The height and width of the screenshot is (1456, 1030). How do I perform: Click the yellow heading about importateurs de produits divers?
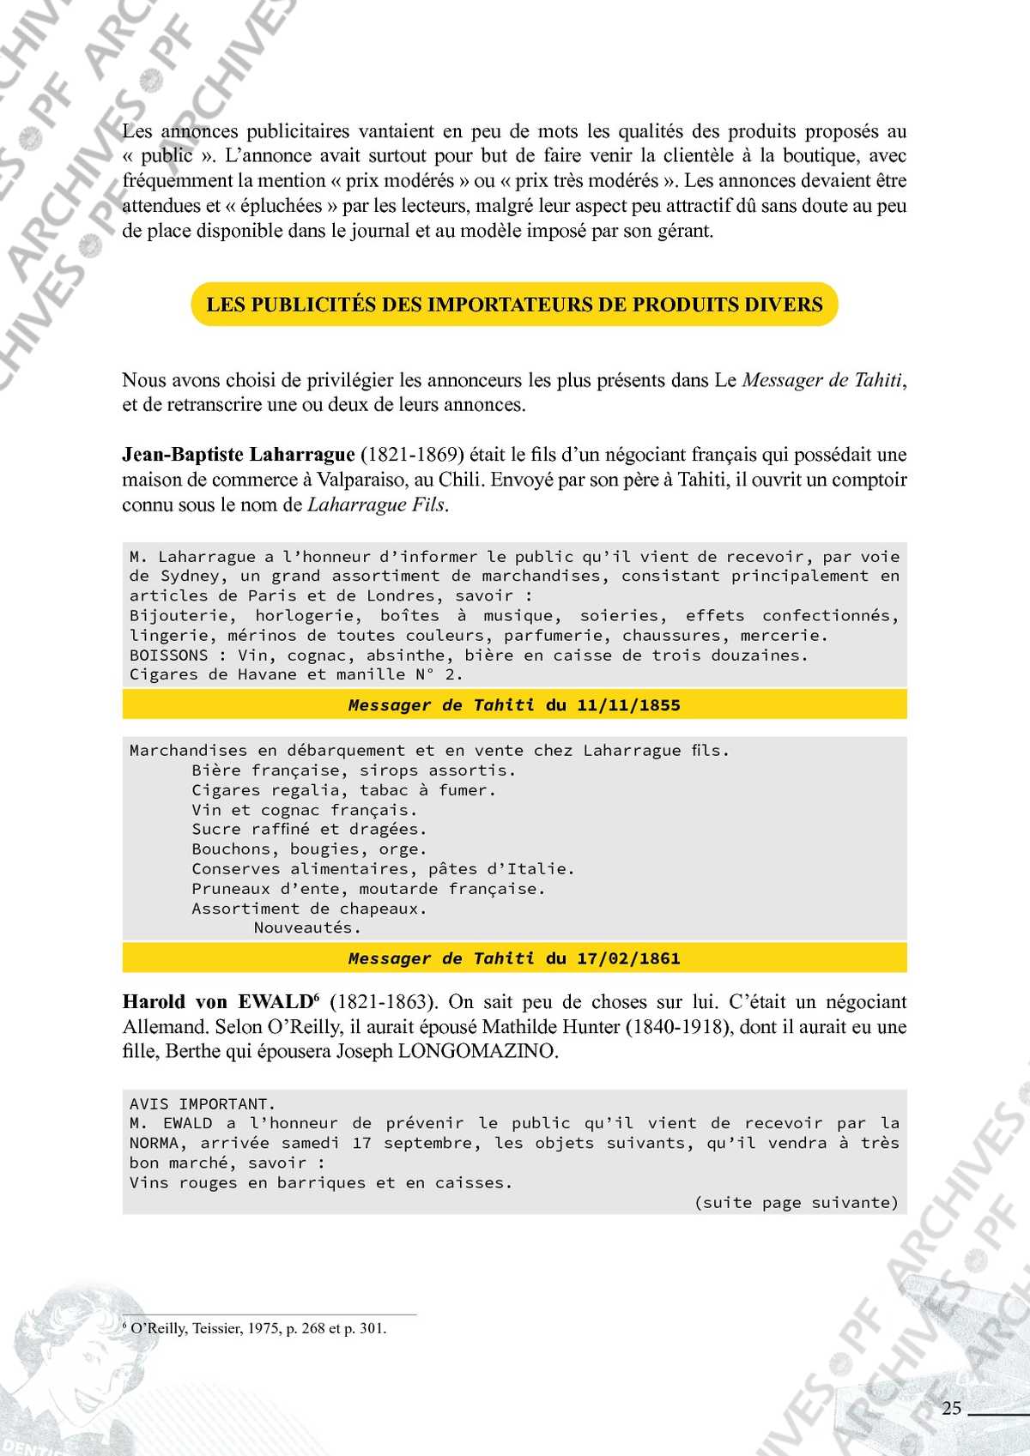pyautogui.click(x=514, y=305)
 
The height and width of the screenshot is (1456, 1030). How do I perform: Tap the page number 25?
pyautogui.click(x=951, y=1408)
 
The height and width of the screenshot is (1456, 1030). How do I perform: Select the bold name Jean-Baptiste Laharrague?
pyautogui.click(x=238, y=455)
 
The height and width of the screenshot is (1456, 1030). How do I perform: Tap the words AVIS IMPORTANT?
pyautogui.click(x=202, y=1104)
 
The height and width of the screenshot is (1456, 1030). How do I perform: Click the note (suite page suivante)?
pyautogui.click(x=796, y=1203)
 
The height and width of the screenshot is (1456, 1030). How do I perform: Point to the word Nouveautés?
pyautogui.click(x=307, y=927)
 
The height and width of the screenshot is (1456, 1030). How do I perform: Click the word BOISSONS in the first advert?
pyautogui.click(x=169, y=656)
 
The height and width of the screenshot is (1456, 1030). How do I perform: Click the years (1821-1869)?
pyautogui.click(x=411, y=455)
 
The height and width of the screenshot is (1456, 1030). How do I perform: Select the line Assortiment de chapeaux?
pyautogui.click(x=309, y=909)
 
